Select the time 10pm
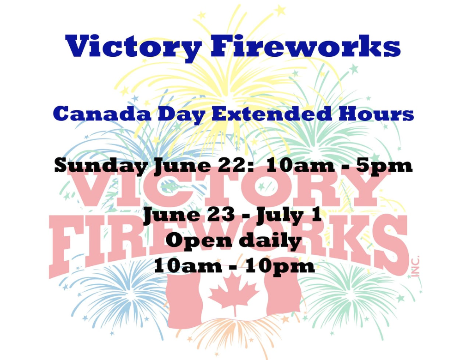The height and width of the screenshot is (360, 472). tap(280, 266)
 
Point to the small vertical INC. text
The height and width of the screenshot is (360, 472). tap(416, 266)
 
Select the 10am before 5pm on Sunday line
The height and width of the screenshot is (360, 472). tap(300, 165)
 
